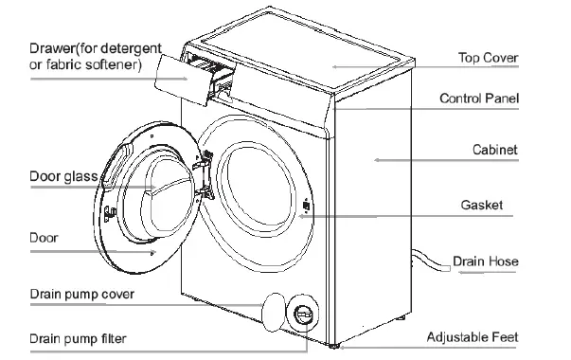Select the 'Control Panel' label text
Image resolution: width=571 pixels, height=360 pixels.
coord(479,99)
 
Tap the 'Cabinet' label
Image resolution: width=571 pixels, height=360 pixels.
coord(494,151)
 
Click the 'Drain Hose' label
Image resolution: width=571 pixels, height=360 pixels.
coord(486,261)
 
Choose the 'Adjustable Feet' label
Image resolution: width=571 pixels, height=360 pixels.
coord(473,336)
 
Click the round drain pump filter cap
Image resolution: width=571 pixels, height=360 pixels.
coord(302,312)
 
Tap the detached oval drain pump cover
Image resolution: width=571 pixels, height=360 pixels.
coord(273,307)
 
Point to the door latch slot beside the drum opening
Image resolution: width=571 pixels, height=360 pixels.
coord(306,206)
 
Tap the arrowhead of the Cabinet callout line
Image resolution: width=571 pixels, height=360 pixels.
coord(378,160)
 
